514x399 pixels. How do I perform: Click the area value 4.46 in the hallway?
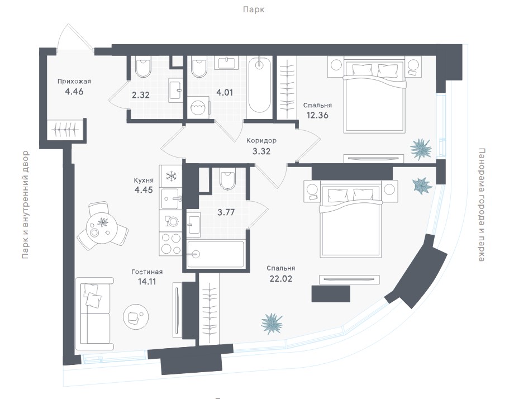[x=74, y=92]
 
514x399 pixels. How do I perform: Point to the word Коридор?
[x=262, y=141]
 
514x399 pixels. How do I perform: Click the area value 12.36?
[x=317, y=116]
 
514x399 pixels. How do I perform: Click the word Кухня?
[x=144, y=180]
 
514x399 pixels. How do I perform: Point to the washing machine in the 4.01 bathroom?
[x=198, y=106]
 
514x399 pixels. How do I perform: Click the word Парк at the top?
[x=253, y=9]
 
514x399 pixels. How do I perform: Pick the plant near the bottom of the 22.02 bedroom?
[x=273, y=323]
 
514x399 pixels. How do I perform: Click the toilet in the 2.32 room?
[x=143, y=68]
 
